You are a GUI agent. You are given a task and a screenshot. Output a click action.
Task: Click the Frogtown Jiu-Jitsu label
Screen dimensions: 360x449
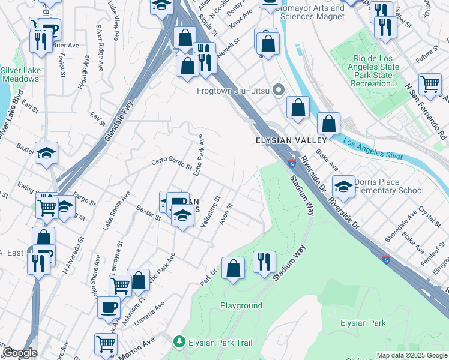(232, 91)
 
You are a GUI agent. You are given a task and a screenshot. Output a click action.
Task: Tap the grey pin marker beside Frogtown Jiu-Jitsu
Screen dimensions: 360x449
(277, 91)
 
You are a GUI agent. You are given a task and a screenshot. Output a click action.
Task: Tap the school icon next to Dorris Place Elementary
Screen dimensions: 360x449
(343, 187)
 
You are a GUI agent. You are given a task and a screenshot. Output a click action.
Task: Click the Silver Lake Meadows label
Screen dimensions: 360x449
(20, 74)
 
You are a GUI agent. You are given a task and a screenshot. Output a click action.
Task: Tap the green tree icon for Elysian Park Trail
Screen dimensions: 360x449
(179, 342)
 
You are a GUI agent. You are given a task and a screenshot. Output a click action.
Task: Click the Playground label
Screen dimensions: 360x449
(241, 305)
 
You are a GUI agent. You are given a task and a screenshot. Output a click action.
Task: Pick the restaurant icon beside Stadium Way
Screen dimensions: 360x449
(264, 262)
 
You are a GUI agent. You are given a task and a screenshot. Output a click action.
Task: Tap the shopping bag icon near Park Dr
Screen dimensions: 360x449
(233, 268)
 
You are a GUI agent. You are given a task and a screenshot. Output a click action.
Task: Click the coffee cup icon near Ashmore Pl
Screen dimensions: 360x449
(109, 307)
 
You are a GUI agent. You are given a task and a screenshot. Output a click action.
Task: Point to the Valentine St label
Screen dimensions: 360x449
(211, 211)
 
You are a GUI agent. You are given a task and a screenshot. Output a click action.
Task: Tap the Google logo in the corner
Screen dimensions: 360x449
(20, 353)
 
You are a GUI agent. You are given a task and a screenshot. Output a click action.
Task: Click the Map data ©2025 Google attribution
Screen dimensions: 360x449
(411, 355)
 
